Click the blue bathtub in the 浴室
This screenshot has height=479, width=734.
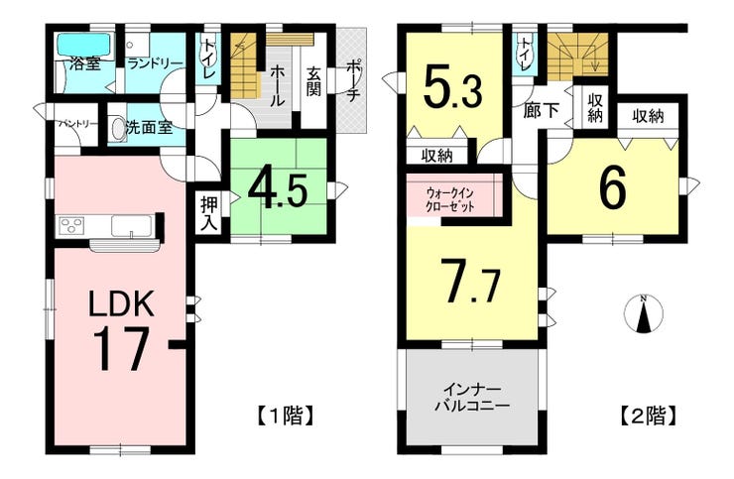tap(84, 46)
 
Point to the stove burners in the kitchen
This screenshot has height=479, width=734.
tap(71, 226)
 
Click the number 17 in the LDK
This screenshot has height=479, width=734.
tap(121, 348)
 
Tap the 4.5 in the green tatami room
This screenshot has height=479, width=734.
tap(278, 190)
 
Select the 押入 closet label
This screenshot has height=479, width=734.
tap(208, 213)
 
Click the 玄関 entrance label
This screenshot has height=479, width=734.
tap(313, 81)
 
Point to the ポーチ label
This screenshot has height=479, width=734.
tap(352, 81)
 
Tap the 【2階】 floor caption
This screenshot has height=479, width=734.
tap(649, 415)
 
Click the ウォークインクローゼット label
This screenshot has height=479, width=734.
tap(450, 199)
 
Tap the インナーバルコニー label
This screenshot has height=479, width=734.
tap(472, 397)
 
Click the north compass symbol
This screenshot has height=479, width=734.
tap(644, 314)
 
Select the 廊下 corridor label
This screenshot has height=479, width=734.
tap(542, 111)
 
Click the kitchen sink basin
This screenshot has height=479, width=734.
tap(132, 226)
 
